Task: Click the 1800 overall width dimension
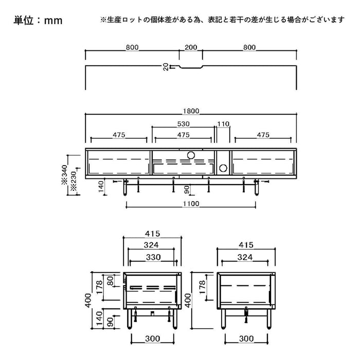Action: click(x=191, y=111)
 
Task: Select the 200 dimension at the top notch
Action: click(x=191, y=47)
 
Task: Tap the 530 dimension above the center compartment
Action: click(x=184, y=124)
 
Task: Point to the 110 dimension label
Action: click(x=223, y=124)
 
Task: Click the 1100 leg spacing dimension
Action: click(x=191, y=204)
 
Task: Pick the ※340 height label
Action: click(x=64, y=174)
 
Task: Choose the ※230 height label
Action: click(x=74, y=181)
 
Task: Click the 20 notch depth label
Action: click(x=166, y=67)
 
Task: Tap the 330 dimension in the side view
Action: click(x=153, y=257)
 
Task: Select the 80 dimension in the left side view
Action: click(x=111, y=281)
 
